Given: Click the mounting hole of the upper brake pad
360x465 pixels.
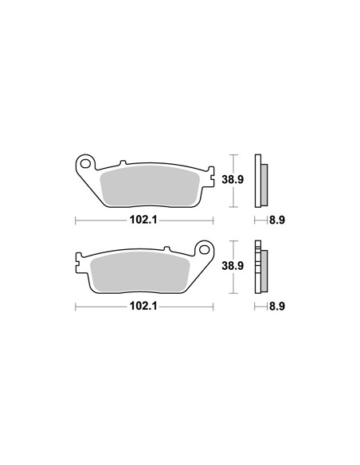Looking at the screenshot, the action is [86, 163].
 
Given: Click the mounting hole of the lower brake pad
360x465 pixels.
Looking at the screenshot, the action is [204, 249].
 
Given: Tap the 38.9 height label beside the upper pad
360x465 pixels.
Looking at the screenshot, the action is [233, 179].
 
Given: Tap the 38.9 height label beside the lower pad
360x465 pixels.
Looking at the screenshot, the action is [233, 266].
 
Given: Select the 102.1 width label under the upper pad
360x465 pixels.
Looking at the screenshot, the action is [144, 220].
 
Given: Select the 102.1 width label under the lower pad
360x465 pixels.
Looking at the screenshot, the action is [144, 306].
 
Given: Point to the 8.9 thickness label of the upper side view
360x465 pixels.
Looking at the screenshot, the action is [277, 220].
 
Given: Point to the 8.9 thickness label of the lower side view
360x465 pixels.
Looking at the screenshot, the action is [277, 306].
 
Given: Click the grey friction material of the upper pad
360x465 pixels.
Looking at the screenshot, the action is [150, 186].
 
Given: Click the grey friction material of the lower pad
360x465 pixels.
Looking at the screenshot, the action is [140, 272].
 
